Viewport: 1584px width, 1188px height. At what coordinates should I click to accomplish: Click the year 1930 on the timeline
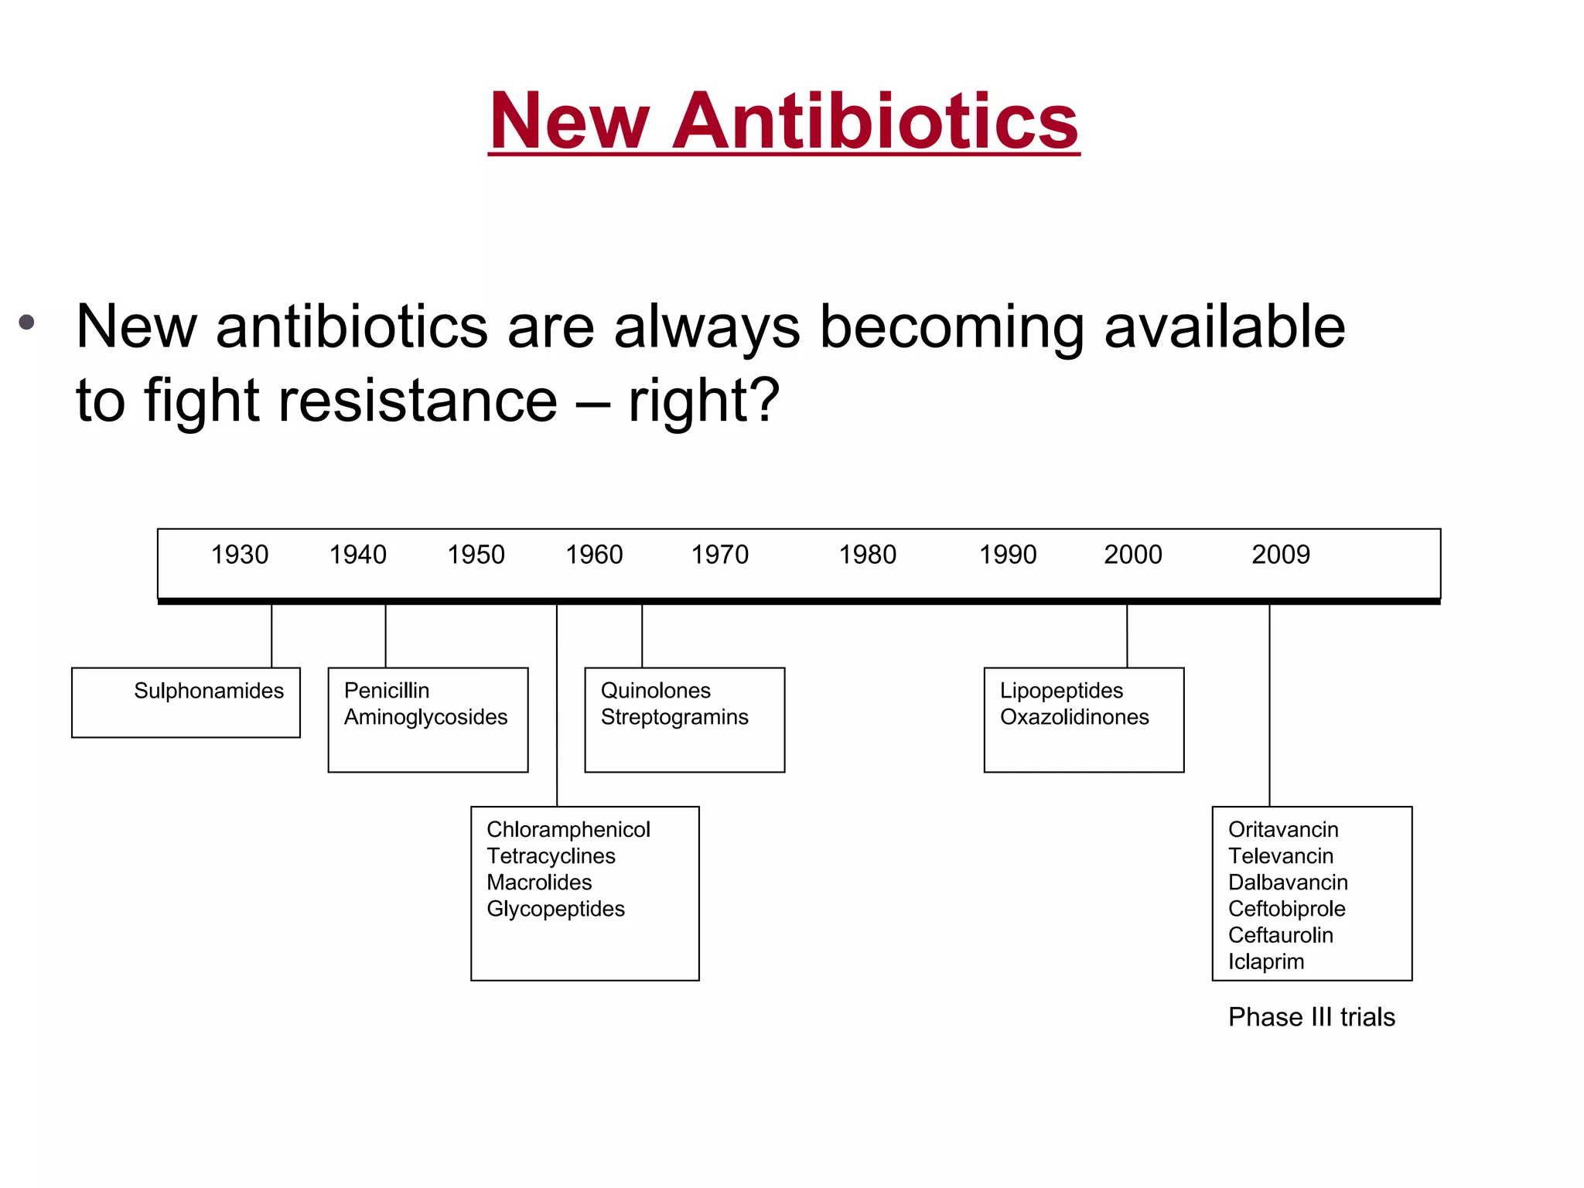pos(240,555)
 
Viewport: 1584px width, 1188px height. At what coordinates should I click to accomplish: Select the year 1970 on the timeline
pos(719,555)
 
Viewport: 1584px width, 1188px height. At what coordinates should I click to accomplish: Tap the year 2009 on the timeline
pos(1281,555)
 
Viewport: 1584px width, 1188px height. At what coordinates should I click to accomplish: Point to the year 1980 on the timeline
pos(868,555)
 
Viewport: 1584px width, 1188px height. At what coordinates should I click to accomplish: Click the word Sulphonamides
pos(209,691)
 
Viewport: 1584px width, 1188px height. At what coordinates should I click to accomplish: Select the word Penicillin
pos(386,691)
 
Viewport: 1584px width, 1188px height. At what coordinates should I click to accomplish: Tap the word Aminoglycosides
pos(425,717)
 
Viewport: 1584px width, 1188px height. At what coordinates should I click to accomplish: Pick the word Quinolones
pos(655,691)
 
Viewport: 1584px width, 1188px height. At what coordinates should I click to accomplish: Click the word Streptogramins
pos(674,717)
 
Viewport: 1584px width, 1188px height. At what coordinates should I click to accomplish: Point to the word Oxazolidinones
pos(1074,717)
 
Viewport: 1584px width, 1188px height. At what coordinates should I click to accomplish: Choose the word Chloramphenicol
pos(568,830)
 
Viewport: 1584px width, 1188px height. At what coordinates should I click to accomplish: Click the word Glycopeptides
pos(555,909)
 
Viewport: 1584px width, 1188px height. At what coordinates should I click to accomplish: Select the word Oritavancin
pos(1283,830)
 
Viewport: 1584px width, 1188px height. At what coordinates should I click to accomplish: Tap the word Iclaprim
pos(1266,961)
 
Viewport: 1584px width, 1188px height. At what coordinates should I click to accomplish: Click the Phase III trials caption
pos(1312,1017)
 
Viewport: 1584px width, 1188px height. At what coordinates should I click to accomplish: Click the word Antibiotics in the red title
pos(876,121)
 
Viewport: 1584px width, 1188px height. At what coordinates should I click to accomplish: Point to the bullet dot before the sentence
pos(27,322)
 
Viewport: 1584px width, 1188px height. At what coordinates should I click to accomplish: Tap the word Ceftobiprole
pos(1287,909)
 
